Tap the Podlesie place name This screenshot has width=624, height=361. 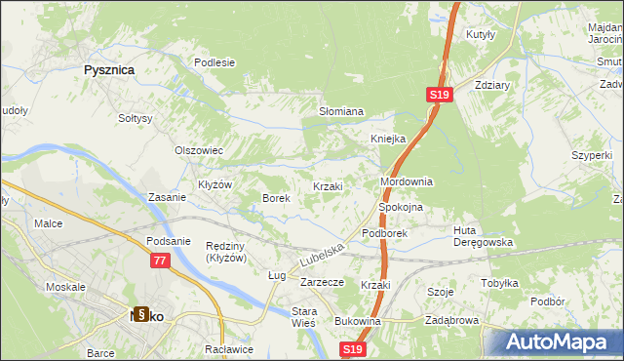214,62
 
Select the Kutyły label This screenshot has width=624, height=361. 482,33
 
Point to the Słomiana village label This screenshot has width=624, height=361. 341,111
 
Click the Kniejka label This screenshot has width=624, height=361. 387,139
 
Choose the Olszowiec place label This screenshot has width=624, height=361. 199,151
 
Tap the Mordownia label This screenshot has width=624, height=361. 406,182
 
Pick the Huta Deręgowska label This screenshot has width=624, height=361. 483,236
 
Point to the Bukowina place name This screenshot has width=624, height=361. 357,321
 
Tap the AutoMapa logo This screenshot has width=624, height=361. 560,342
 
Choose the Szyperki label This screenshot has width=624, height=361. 592,156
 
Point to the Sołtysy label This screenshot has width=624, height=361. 136,118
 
